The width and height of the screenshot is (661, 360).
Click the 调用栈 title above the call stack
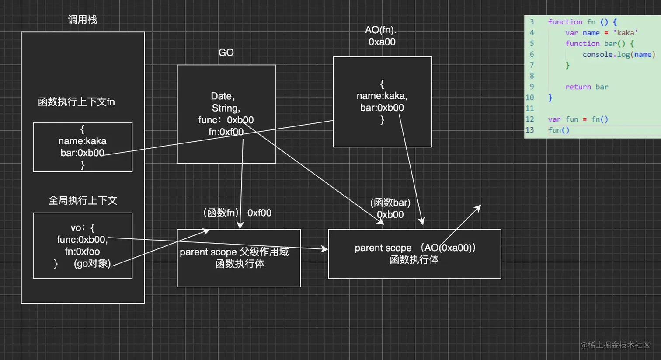[82, 20]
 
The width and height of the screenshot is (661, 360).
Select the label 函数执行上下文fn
[77, 102]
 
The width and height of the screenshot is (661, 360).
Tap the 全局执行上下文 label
[83, 200]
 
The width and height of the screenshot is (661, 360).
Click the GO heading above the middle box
[226, 52]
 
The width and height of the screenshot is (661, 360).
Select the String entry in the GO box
[226, 108]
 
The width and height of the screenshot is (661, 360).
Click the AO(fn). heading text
[381, 30]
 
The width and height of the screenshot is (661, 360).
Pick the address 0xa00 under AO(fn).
[382, 42]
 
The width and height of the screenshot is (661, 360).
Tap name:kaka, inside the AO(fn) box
[382, 96]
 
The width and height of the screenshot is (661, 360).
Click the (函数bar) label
[390, 203]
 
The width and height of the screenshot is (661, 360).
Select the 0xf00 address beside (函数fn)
[259, 213]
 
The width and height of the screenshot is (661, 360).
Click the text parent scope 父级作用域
[234, 252]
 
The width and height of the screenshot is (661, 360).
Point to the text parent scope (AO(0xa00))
[414, 248]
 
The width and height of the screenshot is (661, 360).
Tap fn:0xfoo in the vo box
[82, 252]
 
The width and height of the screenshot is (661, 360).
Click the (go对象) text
[92, 263]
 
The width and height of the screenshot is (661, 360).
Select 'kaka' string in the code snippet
[625, 33]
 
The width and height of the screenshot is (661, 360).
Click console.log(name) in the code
[619, 54]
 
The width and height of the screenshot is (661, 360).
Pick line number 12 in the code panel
[530, 119]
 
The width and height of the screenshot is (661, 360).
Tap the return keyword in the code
[578, 87]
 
